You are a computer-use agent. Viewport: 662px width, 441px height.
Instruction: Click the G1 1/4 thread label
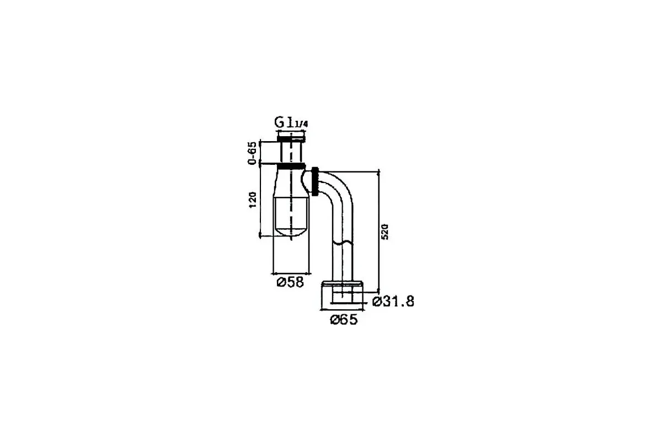coord(291,122)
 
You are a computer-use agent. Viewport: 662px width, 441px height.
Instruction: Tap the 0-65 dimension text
coord(253,153)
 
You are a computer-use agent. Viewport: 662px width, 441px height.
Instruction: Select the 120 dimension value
coord(253,200)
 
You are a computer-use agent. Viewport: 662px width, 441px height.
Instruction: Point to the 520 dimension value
coord(385,232)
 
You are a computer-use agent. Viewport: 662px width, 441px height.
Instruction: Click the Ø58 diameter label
coord(290,282)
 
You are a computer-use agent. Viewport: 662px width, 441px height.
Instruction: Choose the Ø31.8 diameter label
coord(393,302)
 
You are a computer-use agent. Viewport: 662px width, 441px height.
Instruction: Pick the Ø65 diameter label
coord(344,320)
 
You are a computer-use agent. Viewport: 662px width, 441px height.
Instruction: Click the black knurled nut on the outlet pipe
coord(316,182)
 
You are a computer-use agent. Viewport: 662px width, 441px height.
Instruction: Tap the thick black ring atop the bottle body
coord(291,166)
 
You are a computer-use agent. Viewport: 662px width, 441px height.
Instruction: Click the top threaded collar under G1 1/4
coord(291,138)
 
